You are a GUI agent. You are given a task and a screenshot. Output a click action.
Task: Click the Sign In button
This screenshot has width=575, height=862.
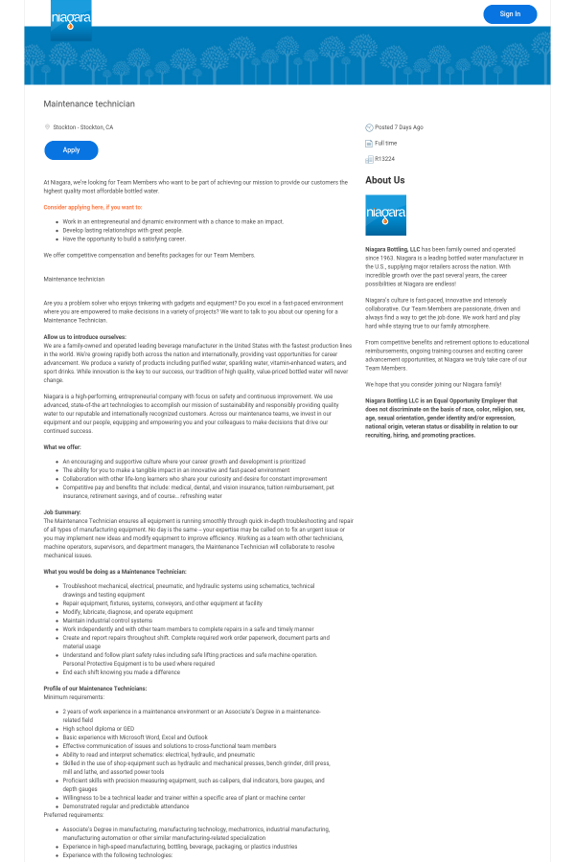pos(510,14)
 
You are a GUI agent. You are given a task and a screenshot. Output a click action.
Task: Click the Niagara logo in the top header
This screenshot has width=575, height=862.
pos(71,19)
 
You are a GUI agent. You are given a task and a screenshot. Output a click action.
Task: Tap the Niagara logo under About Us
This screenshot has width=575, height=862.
pos(385,215)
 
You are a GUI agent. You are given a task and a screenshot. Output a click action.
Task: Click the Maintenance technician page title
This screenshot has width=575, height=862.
pos(89,103)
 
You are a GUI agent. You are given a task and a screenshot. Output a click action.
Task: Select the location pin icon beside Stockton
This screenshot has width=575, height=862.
pos(47,126)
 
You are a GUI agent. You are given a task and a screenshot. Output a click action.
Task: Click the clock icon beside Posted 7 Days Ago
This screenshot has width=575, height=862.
pos(369,127)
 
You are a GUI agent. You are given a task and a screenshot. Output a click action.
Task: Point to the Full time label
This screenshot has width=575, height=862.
pos(385,143)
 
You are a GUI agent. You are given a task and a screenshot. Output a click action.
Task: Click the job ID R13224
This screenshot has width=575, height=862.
pos(384,159)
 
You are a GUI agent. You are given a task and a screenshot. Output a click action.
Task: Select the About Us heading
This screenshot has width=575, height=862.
pos(384,180)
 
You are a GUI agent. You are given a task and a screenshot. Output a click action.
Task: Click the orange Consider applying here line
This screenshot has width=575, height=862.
pos(93,207)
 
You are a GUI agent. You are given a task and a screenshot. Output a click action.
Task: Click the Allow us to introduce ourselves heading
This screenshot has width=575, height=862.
pos(84,337)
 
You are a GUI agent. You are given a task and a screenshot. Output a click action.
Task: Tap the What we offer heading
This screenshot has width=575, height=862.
pos(62,447)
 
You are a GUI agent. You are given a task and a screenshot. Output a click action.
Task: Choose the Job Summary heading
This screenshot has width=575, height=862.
pos(62,512)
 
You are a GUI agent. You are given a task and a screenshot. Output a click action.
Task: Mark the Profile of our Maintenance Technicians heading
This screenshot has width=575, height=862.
pos(95,689)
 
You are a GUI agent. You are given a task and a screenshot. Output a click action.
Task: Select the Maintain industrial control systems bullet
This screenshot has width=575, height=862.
pos(107,621)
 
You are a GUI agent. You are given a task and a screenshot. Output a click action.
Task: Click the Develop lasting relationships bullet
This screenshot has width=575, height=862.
pos(123,230)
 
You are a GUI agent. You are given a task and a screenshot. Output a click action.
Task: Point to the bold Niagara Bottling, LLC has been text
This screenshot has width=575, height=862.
pos(393,249)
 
